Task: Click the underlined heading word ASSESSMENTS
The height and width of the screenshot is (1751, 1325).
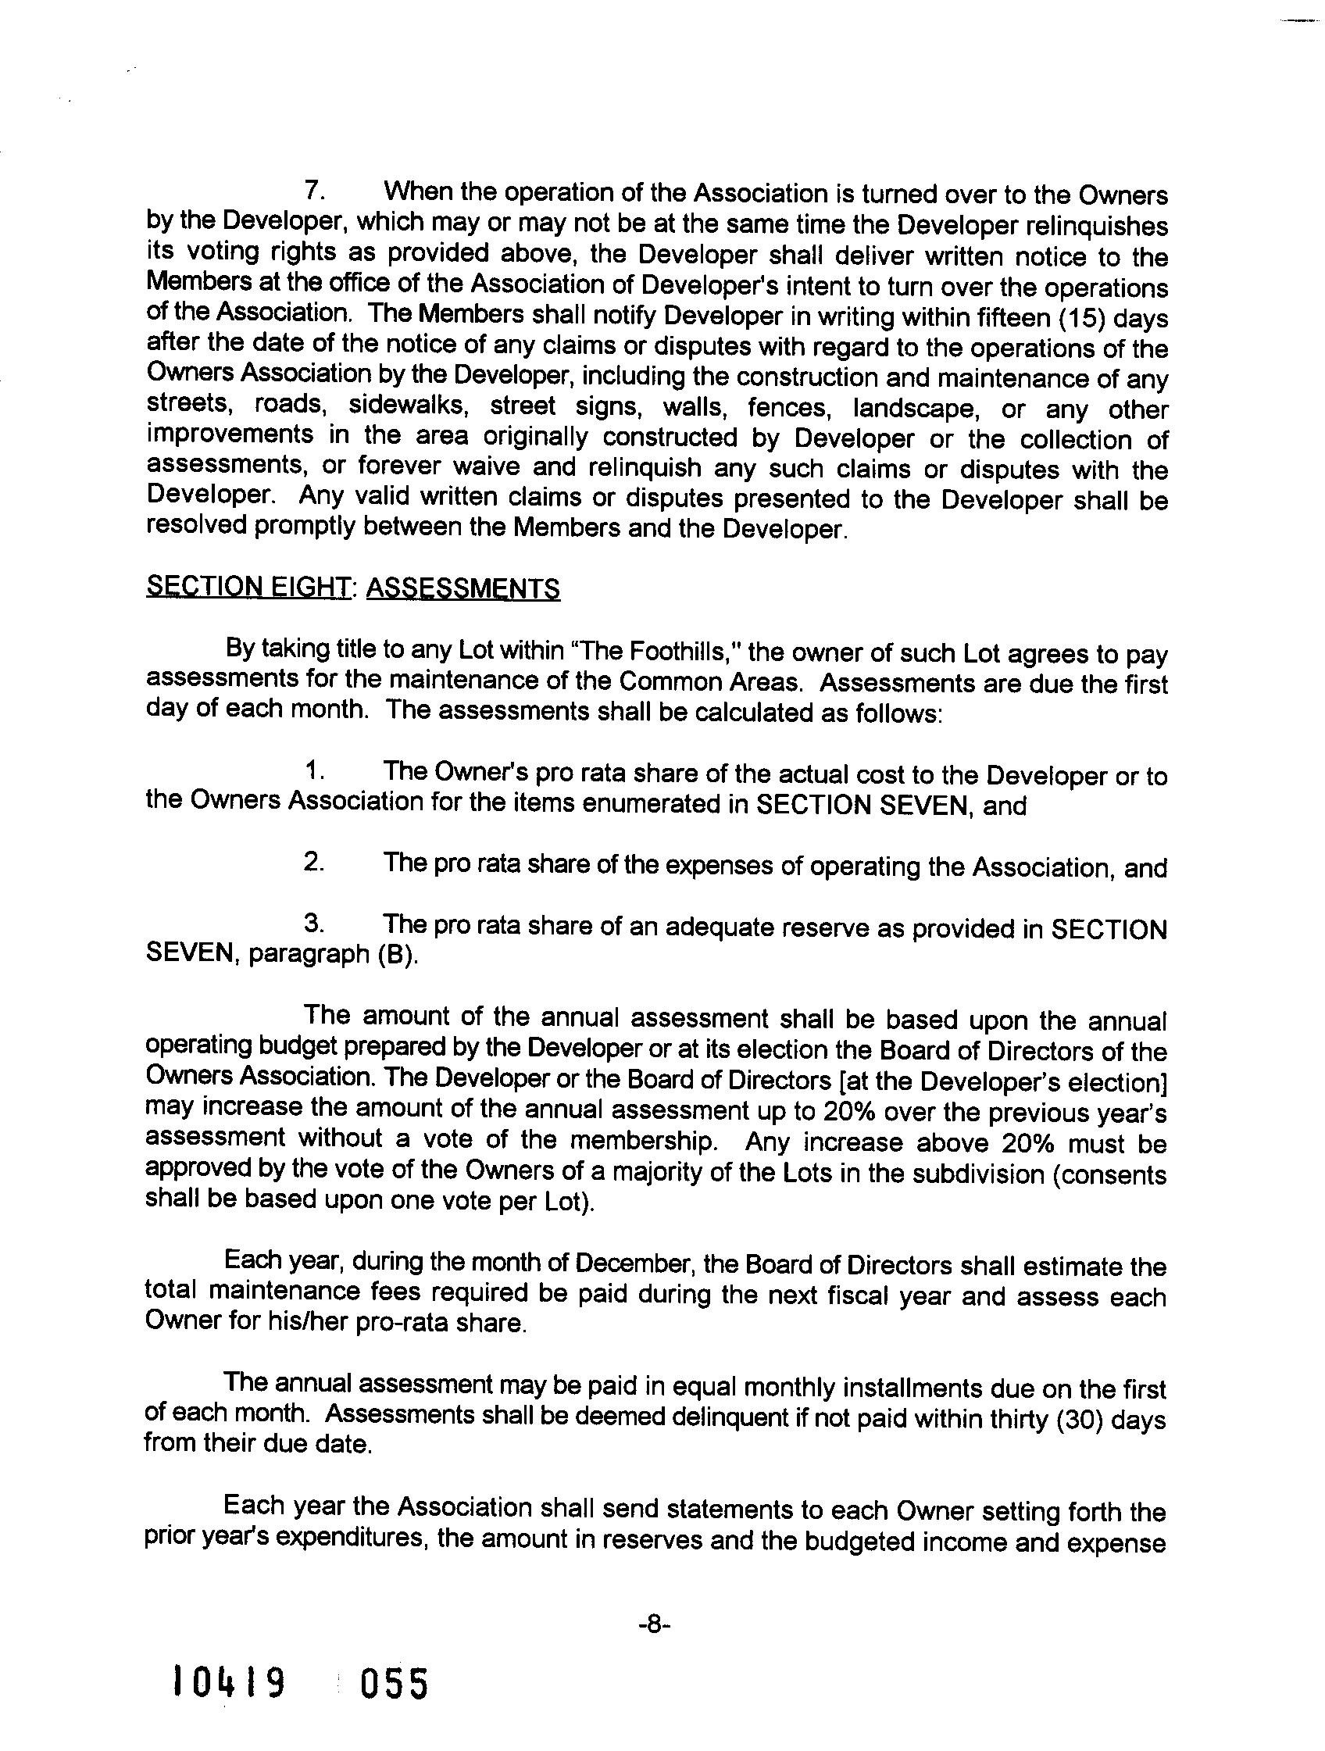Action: tap(463, 588)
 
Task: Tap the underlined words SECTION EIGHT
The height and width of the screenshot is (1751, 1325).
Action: tap(248, 588)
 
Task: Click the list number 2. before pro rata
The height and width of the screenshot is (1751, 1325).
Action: tap(314, 862)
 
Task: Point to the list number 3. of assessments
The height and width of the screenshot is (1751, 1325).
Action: tap(314, 923)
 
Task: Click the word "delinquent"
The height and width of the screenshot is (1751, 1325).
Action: tap(727, 1416)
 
